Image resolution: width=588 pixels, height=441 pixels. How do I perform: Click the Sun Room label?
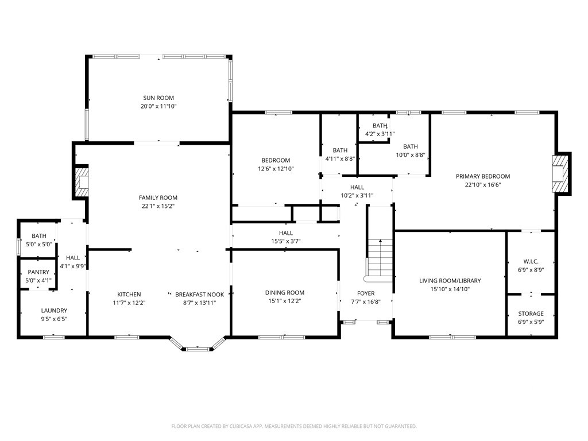(x=158, y=98)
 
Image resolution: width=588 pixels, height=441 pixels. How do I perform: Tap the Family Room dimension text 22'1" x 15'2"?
(x=158, y=206)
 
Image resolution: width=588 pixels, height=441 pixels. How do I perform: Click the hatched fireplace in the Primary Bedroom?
(x=558, y=173)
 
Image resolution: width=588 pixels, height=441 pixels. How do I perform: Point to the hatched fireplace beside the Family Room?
(x=82, y=182)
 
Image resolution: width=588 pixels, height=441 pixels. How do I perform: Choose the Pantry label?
(x=38, y=272)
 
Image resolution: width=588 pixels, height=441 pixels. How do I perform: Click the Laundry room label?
(x=54, y=311)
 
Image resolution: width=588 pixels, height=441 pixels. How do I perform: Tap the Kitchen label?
(x=129, y=295)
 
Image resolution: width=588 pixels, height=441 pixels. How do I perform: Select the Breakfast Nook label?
(x=199, y=295)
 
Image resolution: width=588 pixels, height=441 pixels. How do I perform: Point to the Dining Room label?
(x=285, y=292)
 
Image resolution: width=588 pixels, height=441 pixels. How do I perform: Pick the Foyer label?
(x=366, y=293)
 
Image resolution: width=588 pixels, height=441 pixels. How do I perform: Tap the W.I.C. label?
(x=531, y=261)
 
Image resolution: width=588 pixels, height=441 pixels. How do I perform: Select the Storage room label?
(x=531, y=314)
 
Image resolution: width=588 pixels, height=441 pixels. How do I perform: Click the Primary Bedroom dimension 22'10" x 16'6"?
(x=483, y=184)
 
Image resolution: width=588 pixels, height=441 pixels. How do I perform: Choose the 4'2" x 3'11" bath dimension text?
(x=380, y=134)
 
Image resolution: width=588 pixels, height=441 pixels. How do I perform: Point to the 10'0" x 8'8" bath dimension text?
(x=411, y=154)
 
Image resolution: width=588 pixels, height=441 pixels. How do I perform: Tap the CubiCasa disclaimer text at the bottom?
(x=294, y=427)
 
